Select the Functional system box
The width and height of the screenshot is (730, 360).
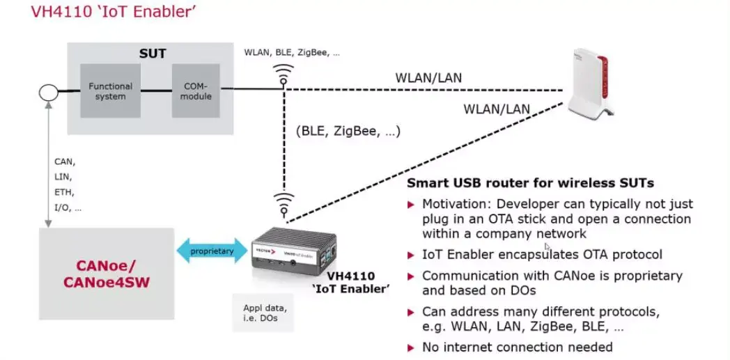click(x=110, y=91)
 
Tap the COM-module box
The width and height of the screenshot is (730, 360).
click(x=196, y=91)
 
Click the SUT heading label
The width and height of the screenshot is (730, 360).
click(x=153, y=54)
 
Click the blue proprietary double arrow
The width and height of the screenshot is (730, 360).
click(x=212, y=251)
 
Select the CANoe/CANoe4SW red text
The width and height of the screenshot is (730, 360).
click(x=106, y=274)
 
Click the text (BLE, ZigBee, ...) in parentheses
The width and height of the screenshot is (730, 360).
click(x=348, y=131)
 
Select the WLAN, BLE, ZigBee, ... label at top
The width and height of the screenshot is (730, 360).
click(x=292, y=52)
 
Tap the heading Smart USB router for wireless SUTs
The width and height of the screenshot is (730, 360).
click(x=530, y=183)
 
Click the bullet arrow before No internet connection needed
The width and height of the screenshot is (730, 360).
click(x=410, y=347)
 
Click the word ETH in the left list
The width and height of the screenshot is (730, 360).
click(x=64, y=193)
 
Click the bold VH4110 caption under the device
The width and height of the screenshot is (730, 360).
click(x=350, y=276)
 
